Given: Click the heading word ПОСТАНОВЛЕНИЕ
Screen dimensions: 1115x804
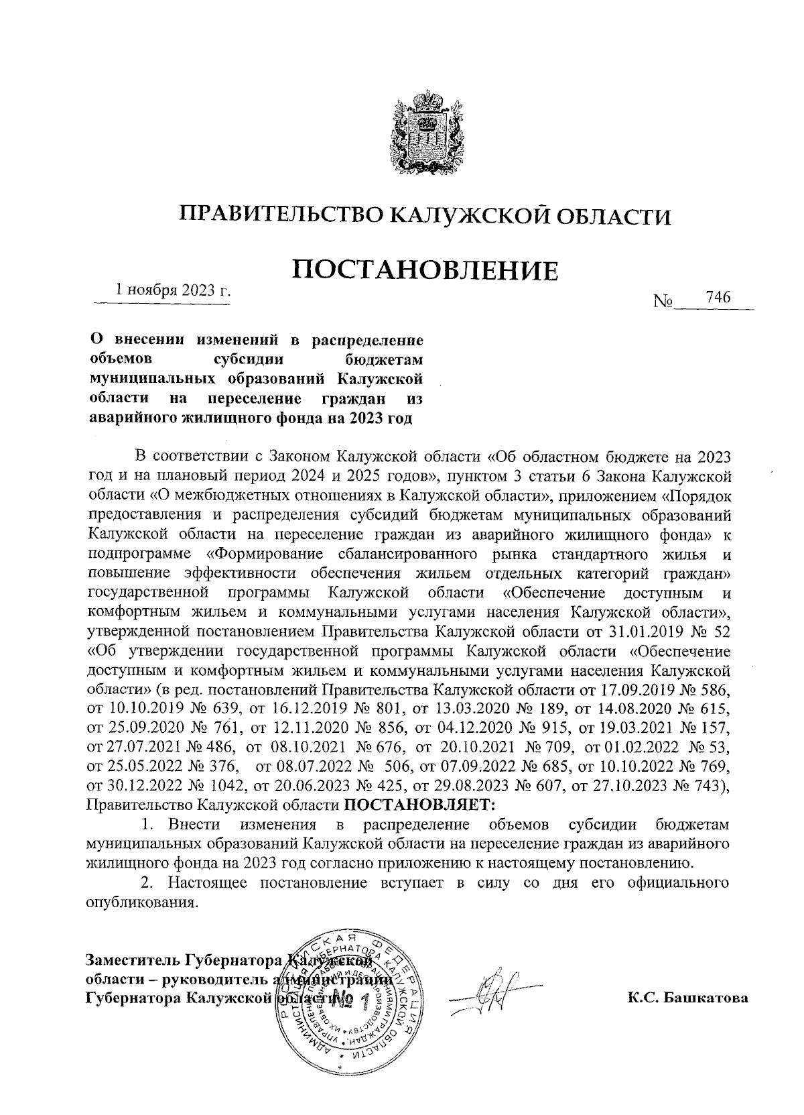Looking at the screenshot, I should [427, 270].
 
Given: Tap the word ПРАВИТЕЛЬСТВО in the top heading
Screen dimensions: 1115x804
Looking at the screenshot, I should [281, 215].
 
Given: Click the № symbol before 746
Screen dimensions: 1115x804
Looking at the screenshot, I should [663, 302].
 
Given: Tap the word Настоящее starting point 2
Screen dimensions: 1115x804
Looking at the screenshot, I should [210, 882].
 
